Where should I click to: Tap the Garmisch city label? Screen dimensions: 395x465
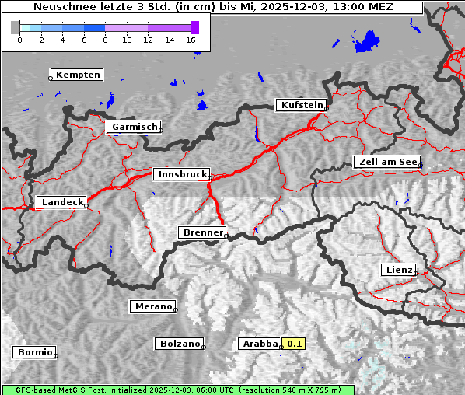click(x=135, y=127)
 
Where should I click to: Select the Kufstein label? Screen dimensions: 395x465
click(x=301, y=105)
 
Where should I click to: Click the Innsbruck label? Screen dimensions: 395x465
click(x=180, y=174)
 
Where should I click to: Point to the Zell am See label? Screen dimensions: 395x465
click(x=386, y=162)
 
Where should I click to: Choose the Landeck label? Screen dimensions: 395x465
click(x=61, y=202)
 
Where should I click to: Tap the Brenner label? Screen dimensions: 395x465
click(x=202, y=232)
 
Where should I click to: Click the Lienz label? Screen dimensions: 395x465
click(x=398, y=270)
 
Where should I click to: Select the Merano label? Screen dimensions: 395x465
click(x=152, y=306)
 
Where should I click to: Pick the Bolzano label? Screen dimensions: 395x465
click(x=180, y=343)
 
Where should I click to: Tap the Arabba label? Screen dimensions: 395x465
click(x=260, y=343)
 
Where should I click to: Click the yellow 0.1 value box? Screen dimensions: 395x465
click(x=293, y=343)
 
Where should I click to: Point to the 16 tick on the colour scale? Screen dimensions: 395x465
click(x=191, y=40)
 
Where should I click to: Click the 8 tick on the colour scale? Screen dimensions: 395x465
click(x=105, y=40)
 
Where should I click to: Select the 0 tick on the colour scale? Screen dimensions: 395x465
click(x=19, y=40)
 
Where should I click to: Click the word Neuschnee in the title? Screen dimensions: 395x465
click(x=65, y=7)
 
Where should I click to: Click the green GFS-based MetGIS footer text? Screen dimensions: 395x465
click(x=179, y=390)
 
